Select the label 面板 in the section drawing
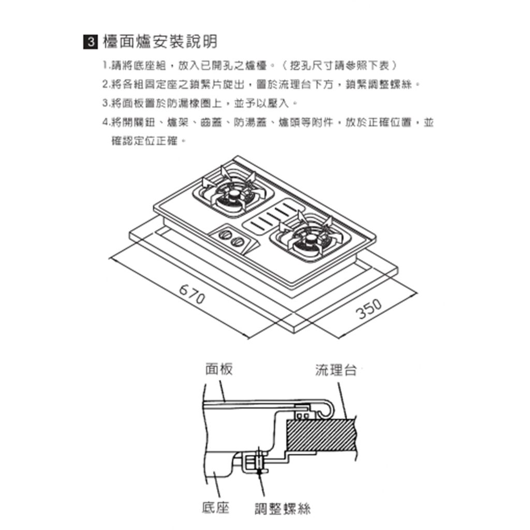[218, 369]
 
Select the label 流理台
[336, 370]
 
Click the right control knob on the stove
[238, 242]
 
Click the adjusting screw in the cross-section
[257, 461]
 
